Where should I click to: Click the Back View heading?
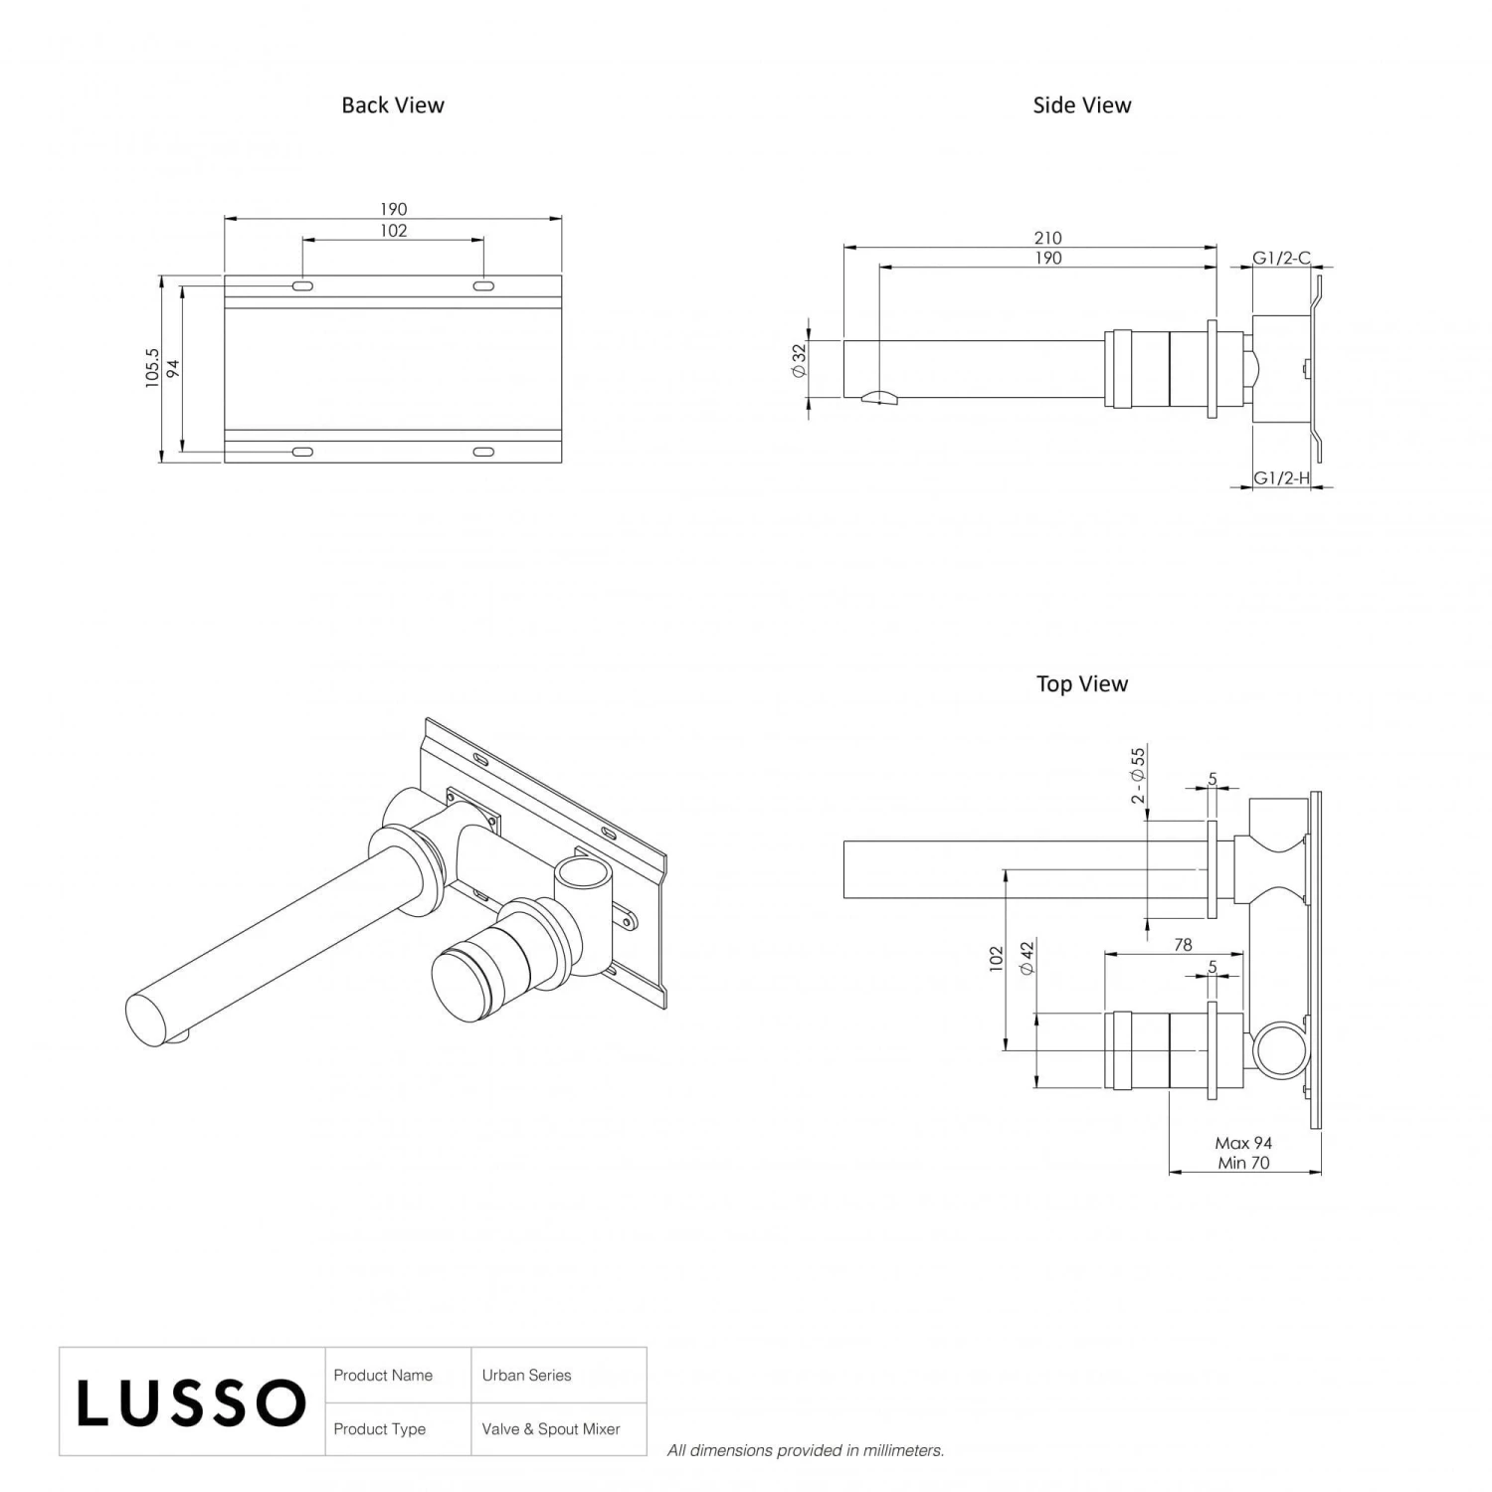point(392,105)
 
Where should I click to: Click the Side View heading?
point(1081,105)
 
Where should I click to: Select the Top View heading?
point(1081,684)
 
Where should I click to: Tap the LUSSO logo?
point(191,1402)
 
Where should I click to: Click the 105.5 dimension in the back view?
point(152,368)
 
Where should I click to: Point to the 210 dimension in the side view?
point(1047,238)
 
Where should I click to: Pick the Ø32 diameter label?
point(798,360)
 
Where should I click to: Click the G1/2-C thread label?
point(1280,259)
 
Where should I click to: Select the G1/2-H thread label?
point(1280,478)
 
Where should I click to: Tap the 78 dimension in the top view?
point(1183,945)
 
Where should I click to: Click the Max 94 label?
point(1243,1144)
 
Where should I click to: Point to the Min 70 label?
point(1243,1163)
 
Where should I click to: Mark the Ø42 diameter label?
point(1027,957)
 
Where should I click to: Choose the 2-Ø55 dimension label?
point(1138,776)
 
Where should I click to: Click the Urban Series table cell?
point(527,1376)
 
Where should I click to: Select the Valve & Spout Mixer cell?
point(551,1429)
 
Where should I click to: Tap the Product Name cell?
point(383,1376)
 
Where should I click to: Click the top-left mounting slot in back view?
point(302,286)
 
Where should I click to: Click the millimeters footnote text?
point(806,1451)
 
